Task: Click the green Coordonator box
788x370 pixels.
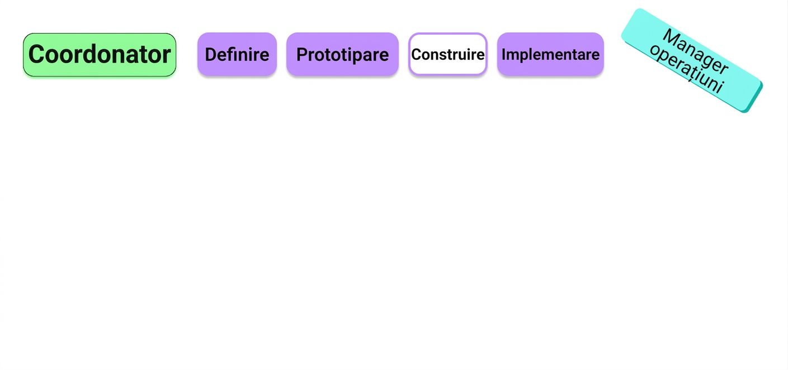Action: (100, 55)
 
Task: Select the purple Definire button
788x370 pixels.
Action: (237, 54)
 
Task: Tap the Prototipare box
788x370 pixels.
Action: (342, 54)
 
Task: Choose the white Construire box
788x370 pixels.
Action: (448, 54)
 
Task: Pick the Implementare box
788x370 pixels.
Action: (550, 54)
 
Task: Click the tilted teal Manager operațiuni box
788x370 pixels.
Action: (692, 60)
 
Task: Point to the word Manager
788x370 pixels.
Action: (696, 52)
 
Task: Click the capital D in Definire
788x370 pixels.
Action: (211, 55)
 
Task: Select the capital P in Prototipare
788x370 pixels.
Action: (302, 55)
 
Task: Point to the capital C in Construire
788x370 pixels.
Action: (417, 55)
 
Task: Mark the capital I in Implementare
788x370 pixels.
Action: (504, 55)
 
